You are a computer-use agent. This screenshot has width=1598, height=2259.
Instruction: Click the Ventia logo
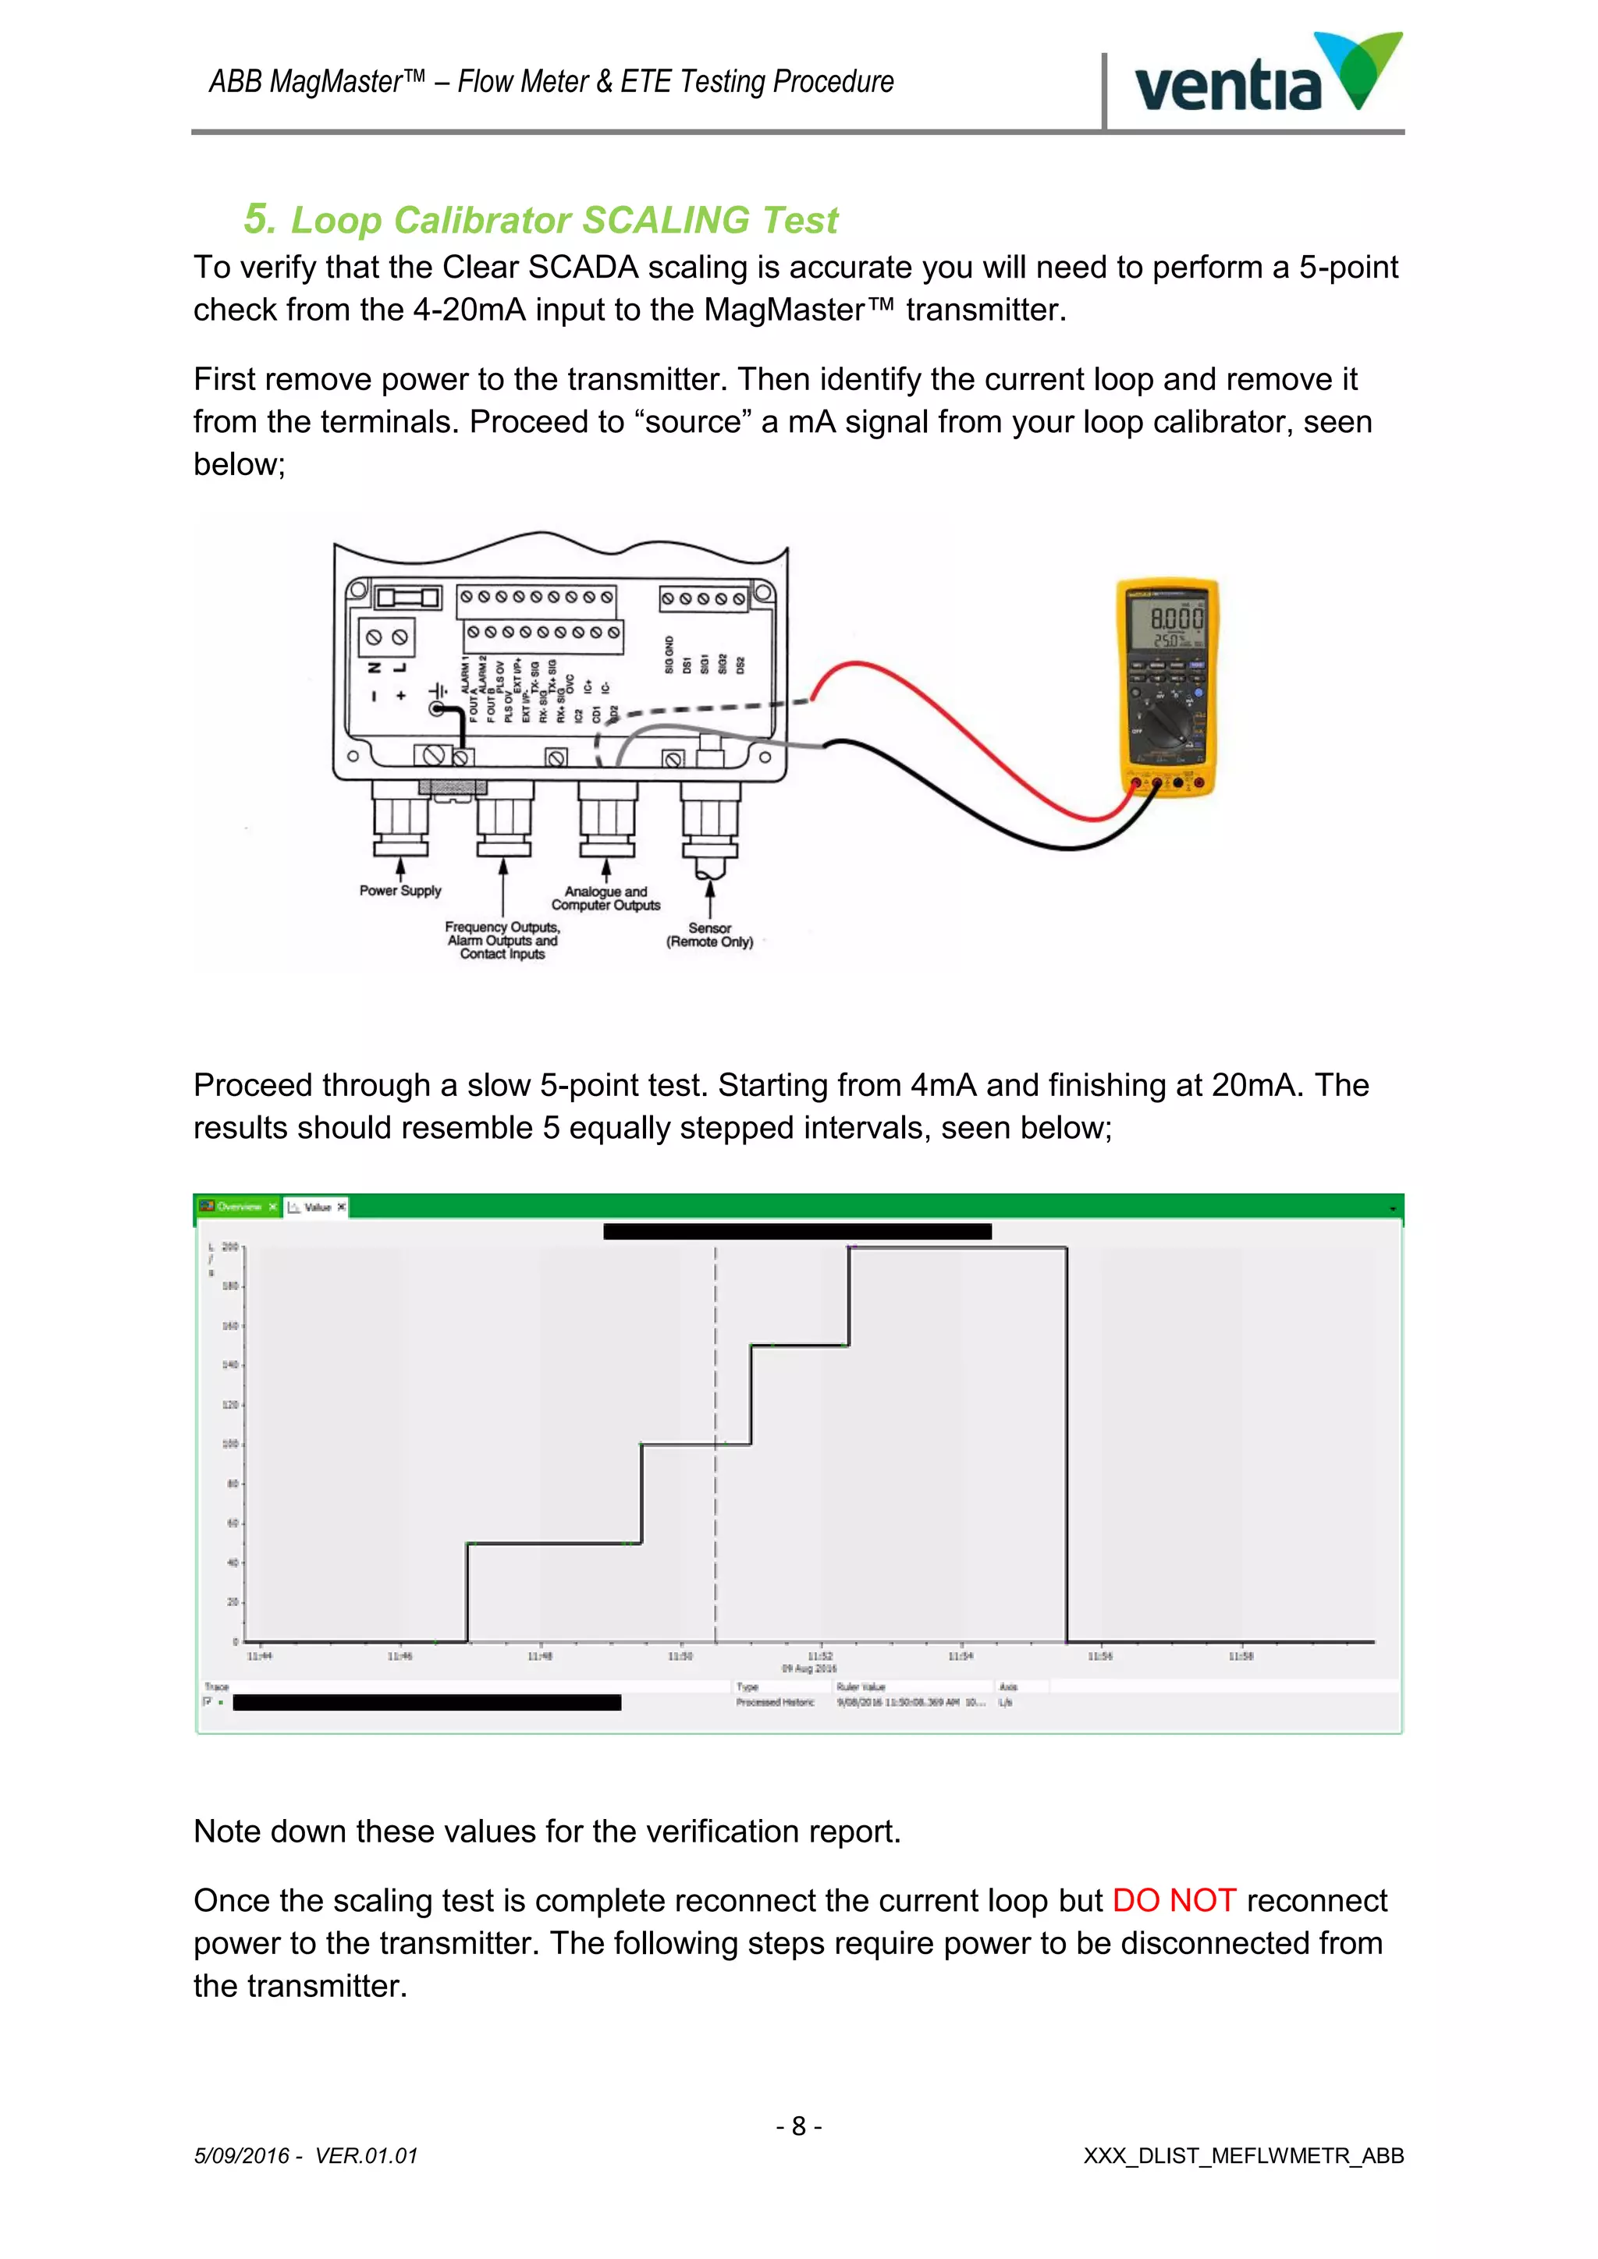pos(1267,76)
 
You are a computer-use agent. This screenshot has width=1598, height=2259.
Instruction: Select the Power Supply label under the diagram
pos(399,890)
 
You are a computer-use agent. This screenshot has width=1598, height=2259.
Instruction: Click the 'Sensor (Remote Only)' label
pos(709,934)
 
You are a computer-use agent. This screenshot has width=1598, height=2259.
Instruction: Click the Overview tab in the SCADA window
pos(238,1206)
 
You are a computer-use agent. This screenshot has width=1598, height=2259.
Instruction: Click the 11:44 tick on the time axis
pos(260,1656)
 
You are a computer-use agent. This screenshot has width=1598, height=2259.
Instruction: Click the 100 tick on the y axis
pos(230,1443)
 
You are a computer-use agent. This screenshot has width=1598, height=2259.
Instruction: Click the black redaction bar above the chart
pos(797,1231)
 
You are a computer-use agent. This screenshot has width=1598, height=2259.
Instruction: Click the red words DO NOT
pos(1173,1900)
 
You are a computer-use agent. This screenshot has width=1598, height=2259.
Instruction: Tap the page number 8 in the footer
pos(799,2126)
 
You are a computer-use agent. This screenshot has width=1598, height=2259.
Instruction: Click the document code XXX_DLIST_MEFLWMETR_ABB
pos(1243,2156)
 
